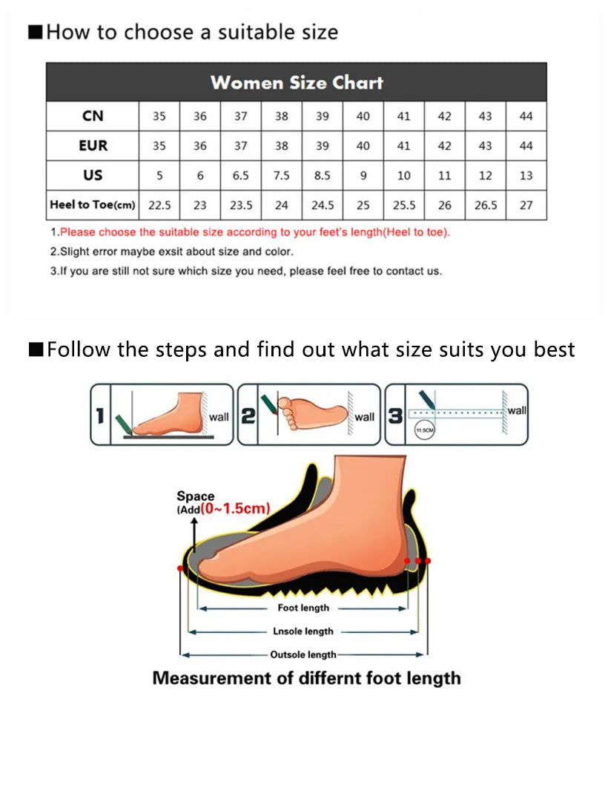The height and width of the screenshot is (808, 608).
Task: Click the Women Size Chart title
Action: point(297,82)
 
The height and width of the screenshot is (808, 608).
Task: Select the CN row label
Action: point(93,116)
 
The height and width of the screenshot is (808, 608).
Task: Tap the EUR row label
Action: point(93,145)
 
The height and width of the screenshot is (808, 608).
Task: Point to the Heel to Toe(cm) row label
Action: point(93,205)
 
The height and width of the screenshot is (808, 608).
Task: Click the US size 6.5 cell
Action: point(241,176)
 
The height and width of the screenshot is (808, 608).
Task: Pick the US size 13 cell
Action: point(526,176)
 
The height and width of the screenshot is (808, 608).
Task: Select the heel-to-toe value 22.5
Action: point(159,206)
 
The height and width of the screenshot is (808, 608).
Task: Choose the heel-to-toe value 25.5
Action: point(403,206)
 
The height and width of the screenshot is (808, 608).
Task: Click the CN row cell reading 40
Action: point(363,116)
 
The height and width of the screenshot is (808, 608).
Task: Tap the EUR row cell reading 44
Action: point(526,146)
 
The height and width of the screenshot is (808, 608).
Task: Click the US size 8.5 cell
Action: point(322,176)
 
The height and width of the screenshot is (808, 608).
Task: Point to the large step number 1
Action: point(100,416)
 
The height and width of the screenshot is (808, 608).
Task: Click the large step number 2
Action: point(248,416)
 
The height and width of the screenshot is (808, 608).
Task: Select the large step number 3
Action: point(396,416)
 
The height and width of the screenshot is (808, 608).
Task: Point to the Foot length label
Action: point(303,608)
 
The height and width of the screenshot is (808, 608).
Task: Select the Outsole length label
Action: point(303,654)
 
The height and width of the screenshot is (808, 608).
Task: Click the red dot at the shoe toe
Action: point(181,568)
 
